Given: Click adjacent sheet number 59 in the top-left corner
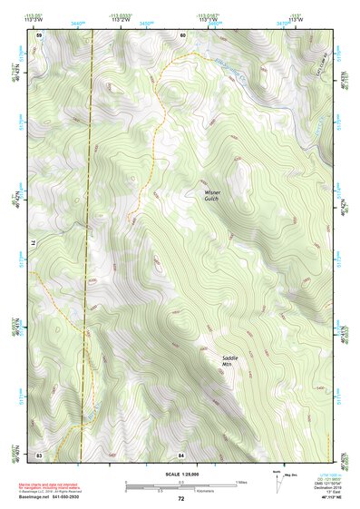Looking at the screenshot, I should [x=39, y=34].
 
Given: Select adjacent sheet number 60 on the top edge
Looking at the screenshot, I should [x=181, y=34].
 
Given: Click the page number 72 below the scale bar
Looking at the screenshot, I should [x=181, y=499].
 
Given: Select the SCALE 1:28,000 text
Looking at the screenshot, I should [x=181, y=475].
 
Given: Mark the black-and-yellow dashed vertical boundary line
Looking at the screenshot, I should [x=89, y=272].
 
